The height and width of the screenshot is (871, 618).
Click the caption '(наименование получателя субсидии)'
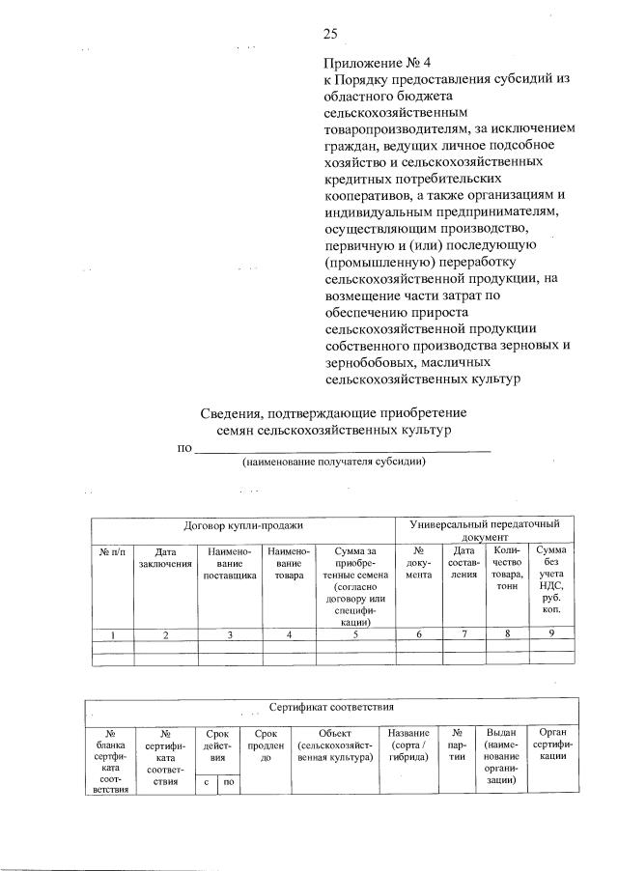click(x=334, y=462)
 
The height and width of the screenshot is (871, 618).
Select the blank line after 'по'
click(x=343, y=447)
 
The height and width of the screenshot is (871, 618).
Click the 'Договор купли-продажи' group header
click(x=243, y=526)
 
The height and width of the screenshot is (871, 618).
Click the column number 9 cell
click(x=551, y=634)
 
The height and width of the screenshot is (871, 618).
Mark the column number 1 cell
click(x=113, y=634)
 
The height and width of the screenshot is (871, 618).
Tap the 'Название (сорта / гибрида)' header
click(x=408, y=745)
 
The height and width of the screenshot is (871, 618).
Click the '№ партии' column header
click(x=458, y=745)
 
